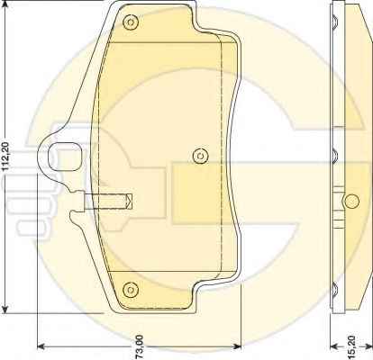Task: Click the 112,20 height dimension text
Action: tap(6, 156)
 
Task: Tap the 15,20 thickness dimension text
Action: tap(351, 346)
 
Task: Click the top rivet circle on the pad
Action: tap(131, 22)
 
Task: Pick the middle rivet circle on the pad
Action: tap(200, 156)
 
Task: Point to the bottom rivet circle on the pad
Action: tap(131, 290)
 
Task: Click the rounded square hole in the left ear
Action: tap(65, 157)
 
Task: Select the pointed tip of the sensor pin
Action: tap(132, 202)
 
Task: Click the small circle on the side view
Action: tap(351, 201)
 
